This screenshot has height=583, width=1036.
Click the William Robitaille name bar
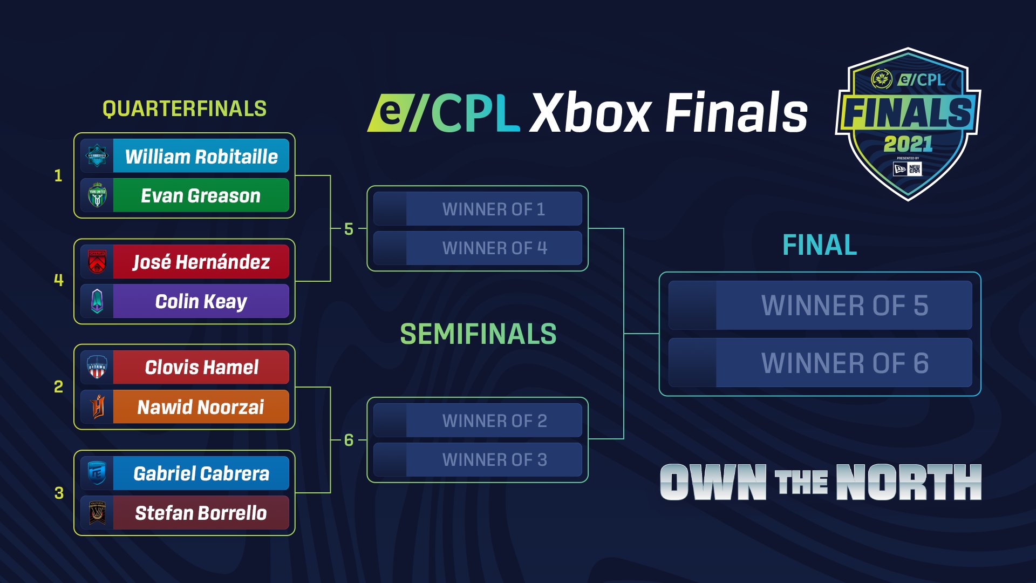[x=201, y=157]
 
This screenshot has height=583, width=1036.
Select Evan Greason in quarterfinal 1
[x=201, y=195]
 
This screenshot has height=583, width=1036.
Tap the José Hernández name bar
[x=201, y=262]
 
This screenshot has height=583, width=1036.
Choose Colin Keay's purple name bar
[x=201, y=301]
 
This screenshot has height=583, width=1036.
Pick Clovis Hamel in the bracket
[x=201, y=367]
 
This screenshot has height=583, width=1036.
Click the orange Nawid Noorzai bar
[x=201, y=407]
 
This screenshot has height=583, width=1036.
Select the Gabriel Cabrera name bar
[x=201, y=473]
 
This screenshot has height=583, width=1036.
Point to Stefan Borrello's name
[x=201, y=513]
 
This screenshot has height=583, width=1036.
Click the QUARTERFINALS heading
[x=185, y=109]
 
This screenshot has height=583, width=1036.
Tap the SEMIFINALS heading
[x=478, y=334]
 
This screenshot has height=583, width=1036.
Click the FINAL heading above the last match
[x=820, y=246]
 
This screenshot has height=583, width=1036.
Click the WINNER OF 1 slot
[x=493, y=209]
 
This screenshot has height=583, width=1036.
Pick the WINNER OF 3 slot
[x=493, y=460]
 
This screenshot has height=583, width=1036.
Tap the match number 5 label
[x=349, y=229]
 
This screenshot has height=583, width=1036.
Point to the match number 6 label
[x=349, y=440]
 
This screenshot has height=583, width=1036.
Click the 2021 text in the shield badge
[x=908, y=144]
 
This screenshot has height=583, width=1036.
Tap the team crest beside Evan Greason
[x=97, y=195]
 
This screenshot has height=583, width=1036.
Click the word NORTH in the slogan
[x=909, y=482]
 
